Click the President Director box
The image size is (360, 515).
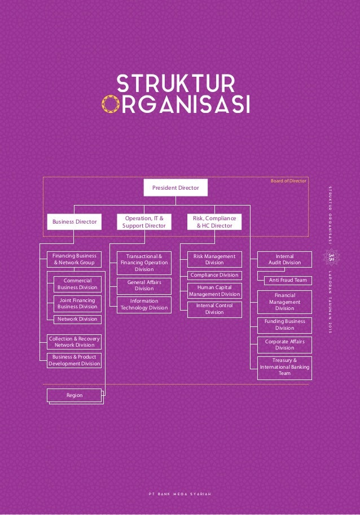click(x=175, y=187)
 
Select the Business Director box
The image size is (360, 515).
click(x=74, y=222)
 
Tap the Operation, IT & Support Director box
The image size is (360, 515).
click(x=144, y=222)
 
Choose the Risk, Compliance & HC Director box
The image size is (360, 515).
click(x=214, y=222)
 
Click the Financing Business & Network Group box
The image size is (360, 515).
click(x=74, y=259)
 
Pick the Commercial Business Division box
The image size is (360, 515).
click(x=77, y=284)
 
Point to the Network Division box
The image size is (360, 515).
click(x=77, y=319)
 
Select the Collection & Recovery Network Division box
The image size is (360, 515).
click(x=74, y=342)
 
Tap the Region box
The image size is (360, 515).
click(x=74, y=395)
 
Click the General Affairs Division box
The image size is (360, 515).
click(x=144, y=285)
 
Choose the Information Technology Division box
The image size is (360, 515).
click(x=144, y=304)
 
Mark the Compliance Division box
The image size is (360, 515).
click(x=214, y=275)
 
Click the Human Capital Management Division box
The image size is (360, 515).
click(x=214, y=291)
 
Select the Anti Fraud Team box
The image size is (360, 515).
click(x=288, y=280)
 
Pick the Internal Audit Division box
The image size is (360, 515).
click(x=285, y=259)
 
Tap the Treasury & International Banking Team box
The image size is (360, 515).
click(x=285, y=366)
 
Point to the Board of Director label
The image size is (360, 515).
click(x=288, y=181)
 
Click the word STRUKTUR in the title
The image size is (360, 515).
click(x=175, y=85)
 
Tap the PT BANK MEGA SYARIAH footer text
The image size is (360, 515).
click(x=179, y=497)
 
